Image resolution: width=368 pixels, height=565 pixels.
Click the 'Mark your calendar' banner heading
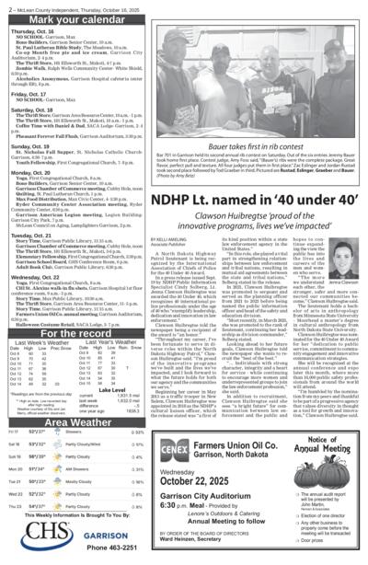pos(74,19)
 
